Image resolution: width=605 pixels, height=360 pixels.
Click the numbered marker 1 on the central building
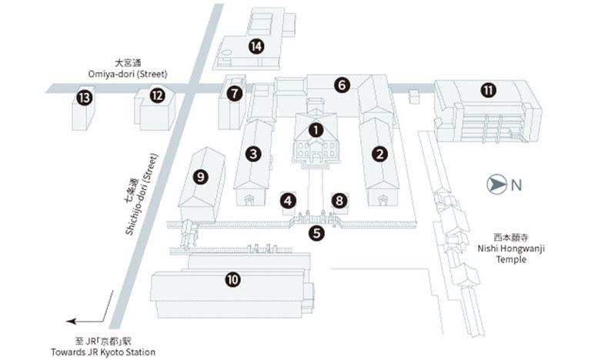coord(315,130)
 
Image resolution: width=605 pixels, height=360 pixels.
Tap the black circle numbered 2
coord(379,153)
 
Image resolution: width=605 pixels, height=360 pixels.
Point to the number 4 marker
coord(289,200)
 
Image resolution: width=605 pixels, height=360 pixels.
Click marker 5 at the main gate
coord(317,233)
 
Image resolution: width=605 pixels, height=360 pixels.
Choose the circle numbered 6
coord(342,85)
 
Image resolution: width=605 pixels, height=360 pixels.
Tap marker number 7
coord(235,93)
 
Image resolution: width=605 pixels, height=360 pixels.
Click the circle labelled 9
coord(201,177)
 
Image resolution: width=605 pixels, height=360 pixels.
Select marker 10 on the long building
coord(232,279)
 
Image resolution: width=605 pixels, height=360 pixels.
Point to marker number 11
coord(488,90)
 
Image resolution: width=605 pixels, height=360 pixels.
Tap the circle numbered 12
coord(157,95)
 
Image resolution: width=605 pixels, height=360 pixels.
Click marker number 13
coord(85,98)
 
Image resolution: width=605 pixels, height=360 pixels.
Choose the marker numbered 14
coord(256,46)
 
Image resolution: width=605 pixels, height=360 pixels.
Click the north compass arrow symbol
coord(497,184)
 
